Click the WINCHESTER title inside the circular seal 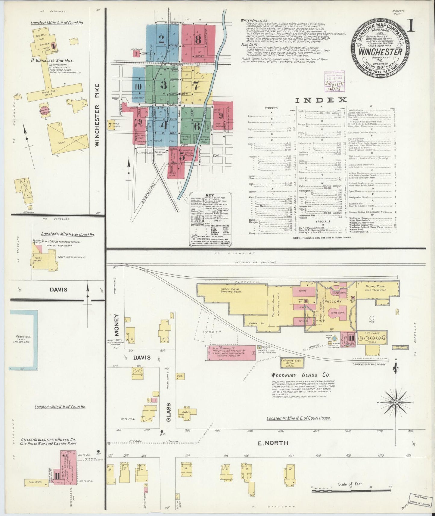click(380, 52)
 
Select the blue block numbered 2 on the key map click(162, 39)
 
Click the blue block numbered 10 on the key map click(138, 86)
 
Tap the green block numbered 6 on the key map click(197, 126)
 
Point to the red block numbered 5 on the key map click(182, 156)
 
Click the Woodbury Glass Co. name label click(300, 375)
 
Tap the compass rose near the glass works click(396, 403)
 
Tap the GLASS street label click(169, 412)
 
